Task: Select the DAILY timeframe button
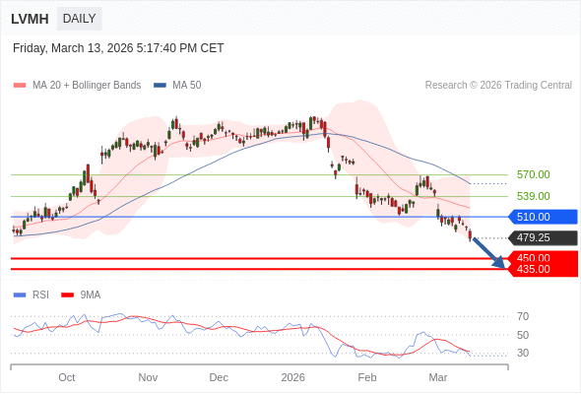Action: tap(79, 19)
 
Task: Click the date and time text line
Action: tap(118, 47)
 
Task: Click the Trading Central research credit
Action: tap(498, 86)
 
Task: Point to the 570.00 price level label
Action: tap(533, 174)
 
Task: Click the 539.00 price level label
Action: tap(533, 196)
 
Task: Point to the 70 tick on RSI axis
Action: tap(523, 316)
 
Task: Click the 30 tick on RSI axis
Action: tap(523, 353)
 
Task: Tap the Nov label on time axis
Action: tap(148, 377)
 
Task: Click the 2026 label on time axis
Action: tap(293, 377)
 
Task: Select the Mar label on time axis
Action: tap(438, 377)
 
